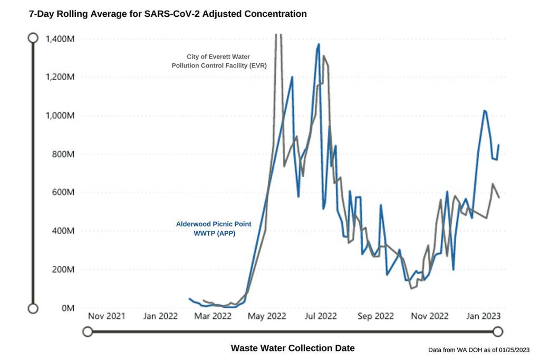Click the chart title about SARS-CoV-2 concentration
(x=168, y=14)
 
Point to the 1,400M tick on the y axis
(x=60, y=38)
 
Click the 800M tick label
(x=64, y=154)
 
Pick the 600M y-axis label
(x=64, y=192)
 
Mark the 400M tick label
(x=64, y=231)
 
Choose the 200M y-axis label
(x=64, y=269)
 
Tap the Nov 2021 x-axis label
(x=107, y=316)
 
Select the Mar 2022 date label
(x=214, y=316)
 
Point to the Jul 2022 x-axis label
(x=321, y=316)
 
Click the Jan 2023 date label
(x=481, y=316)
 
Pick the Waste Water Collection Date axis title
(x=293, y=348)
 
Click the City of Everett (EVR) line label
(x=218, y=61)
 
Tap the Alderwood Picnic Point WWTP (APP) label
(x=214, y=228)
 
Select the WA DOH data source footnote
(x=479, y=350)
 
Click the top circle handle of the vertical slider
(x=33, y=38)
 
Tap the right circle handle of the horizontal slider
(x=497, y=332)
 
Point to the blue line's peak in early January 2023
(x=484, y=110)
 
